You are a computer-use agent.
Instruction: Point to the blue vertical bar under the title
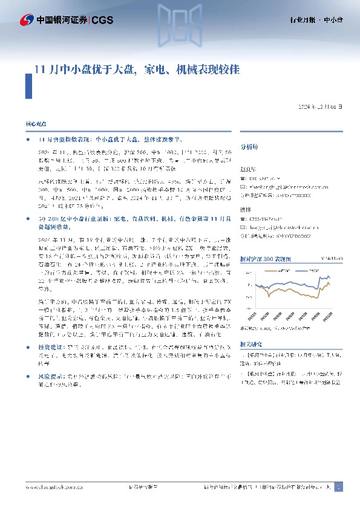[x=27, y=86]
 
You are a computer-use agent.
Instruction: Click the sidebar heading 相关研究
[x=251, y=343]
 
